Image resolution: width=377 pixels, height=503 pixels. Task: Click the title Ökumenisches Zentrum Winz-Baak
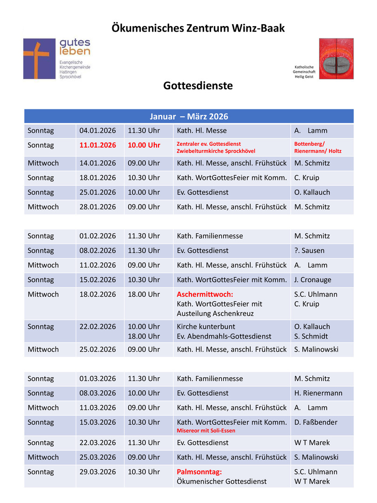[x=198, y=28]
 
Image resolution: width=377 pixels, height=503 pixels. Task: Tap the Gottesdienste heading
[x=198, y=86]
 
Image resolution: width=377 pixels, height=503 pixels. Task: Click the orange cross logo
[x=39, y=59]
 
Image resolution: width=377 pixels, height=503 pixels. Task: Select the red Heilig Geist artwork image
[x=336, y=59]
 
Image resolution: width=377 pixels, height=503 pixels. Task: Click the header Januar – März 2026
[x=189, y=116]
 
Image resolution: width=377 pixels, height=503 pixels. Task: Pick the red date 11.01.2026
[x=97, y=145]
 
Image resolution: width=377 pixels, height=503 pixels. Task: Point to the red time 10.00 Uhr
[x=144, y=145]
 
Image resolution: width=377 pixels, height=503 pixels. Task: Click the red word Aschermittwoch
[x=205, y=294]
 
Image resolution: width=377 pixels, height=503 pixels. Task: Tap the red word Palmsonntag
[x=199, y=472]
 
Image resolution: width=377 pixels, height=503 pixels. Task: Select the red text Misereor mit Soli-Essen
[x=206, y=431]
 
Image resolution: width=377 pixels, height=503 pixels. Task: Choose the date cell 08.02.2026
[x=97, y=251]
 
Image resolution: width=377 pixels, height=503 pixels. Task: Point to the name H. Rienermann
[x=318, y=393]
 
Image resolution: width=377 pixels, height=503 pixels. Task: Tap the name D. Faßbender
[x=316, y=422]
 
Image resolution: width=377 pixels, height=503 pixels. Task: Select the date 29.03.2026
[x=97, y=472]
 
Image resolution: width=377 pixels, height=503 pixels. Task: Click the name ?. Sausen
[x=309, y=251]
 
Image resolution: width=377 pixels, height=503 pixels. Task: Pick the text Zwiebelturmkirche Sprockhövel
[x=216, y=151]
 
